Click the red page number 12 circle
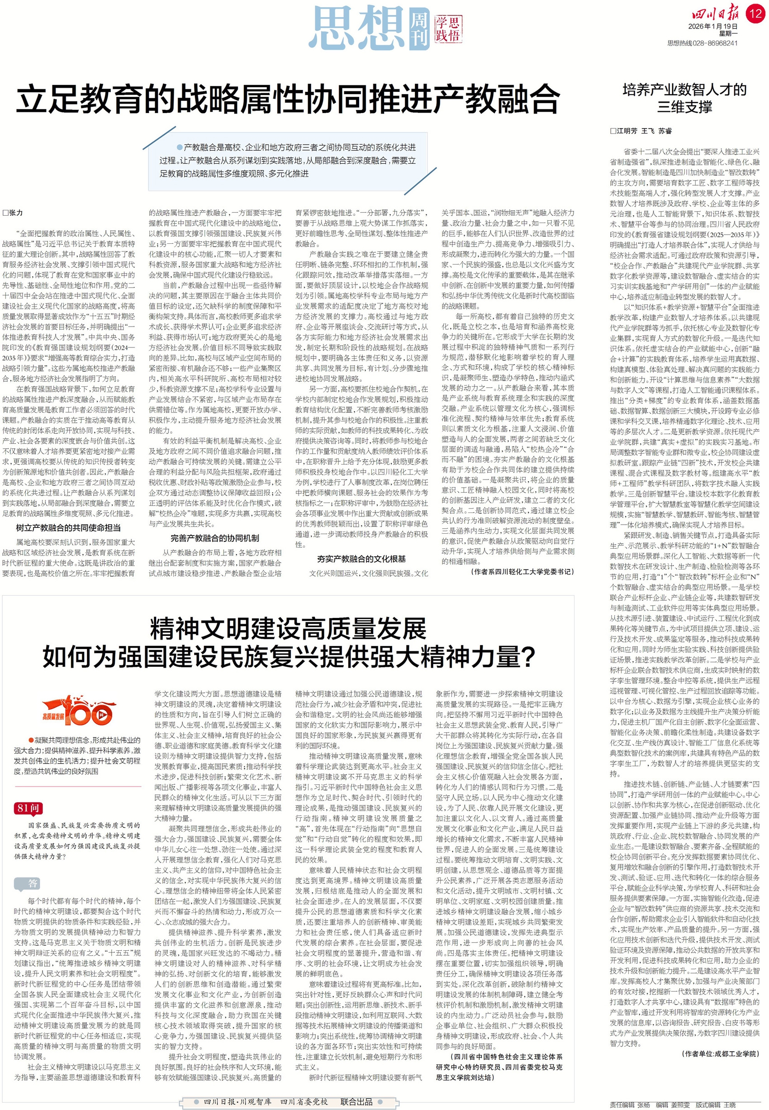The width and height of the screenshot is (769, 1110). pos(755,13)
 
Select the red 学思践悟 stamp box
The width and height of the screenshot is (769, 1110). pos(448,28)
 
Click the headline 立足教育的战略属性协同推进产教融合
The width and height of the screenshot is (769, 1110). pos(288,99)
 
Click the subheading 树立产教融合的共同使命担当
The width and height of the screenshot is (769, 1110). pos(68,527)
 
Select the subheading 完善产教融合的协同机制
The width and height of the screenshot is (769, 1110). pos(215,538)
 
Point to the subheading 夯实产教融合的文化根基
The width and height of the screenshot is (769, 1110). pos(361,559)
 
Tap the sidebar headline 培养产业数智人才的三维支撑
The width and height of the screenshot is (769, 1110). pos(685,98)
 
